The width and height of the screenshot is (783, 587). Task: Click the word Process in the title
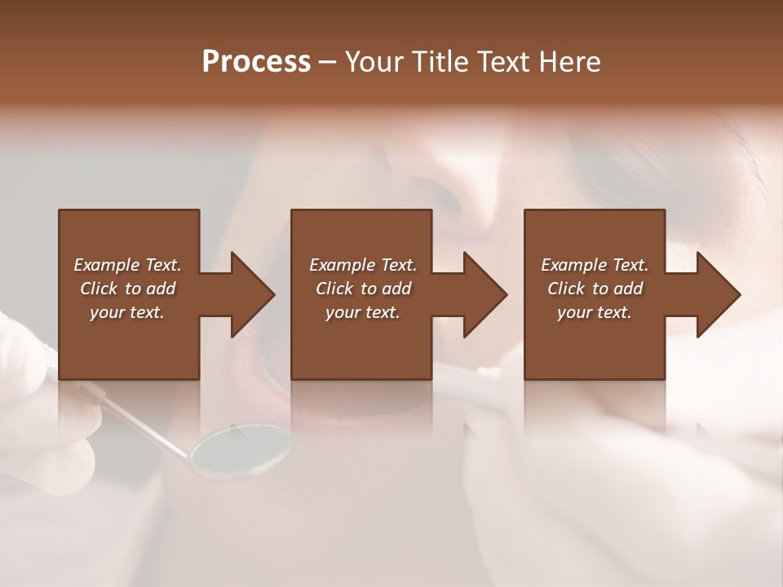(x=255, y=61)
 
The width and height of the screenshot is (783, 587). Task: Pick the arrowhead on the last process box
(x=717, y=294)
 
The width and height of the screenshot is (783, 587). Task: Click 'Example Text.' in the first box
(x=127, y=265)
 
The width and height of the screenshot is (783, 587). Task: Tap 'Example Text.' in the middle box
(x=363, y=265)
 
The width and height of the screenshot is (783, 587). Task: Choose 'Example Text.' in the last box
(x=595, y=265)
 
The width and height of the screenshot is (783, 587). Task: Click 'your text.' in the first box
(x=127, y=312)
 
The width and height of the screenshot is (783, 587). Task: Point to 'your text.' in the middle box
(x=363, y=312)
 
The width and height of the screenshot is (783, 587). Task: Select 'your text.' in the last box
(x=595, y=312)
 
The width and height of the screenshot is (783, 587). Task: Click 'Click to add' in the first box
(x=127, y=289)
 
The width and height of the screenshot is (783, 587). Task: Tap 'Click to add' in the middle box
(x=363, y=289)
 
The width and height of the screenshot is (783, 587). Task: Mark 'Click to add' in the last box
(x=595, y=289)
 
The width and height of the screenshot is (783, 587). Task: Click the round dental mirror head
(x=240, y=449)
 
